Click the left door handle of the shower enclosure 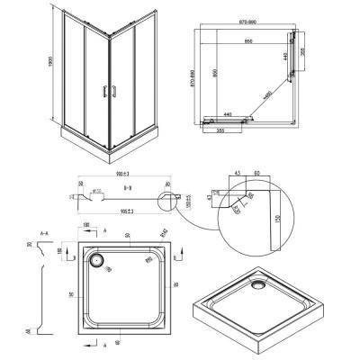(103, 89)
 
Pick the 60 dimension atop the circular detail (258, 174)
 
